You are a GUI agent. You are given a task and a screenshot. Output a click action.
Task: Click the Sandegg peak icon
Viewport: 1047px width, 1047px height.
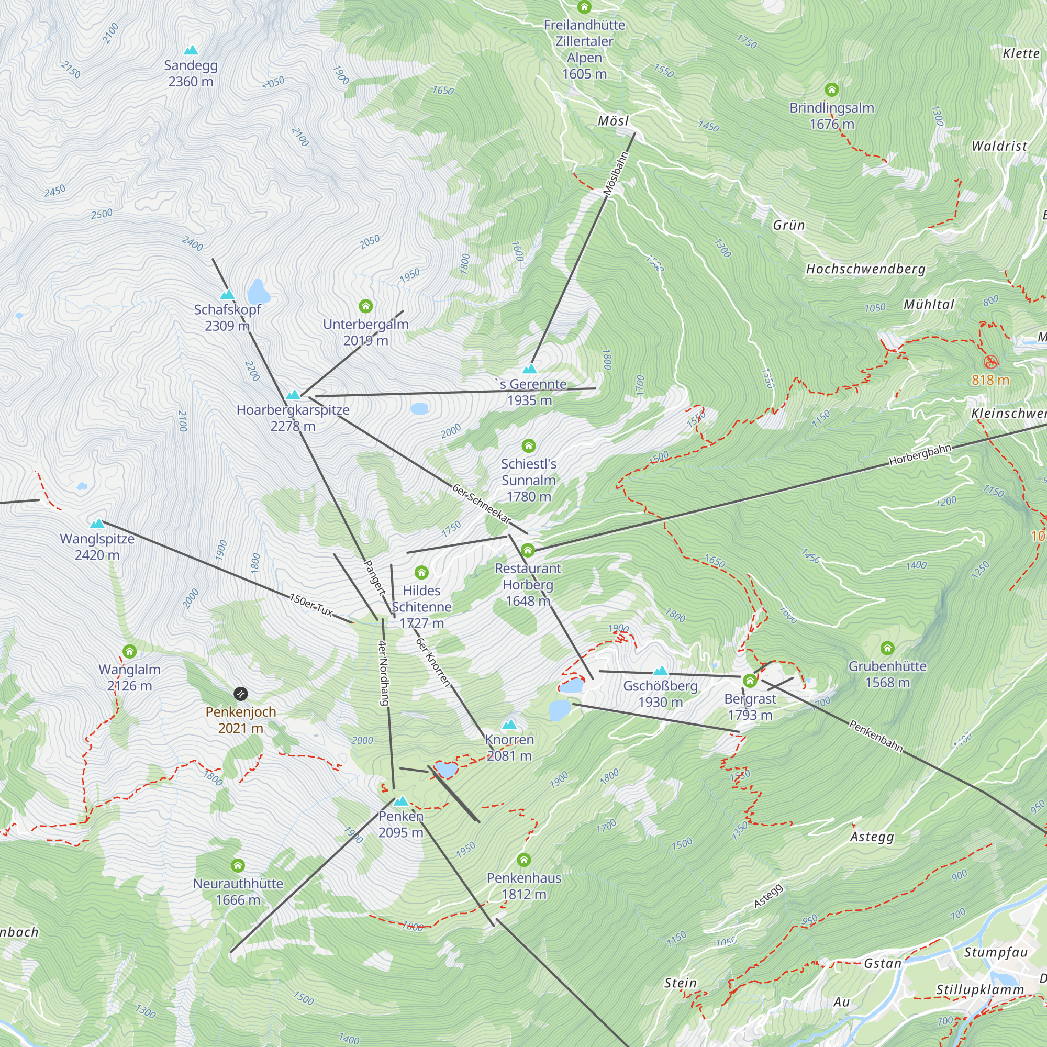point(191,51)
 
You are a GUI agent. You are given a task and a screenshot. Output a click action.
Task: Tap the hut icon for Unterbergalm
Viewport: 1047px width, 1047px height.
point(366,307)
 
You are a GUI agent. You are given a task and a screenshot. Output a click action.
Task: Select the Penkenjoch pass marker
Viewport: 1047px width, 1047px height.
point(241,694)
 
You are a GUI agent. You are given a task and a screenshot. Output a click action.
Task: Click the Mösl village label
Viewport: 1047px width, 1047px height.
point(613,121)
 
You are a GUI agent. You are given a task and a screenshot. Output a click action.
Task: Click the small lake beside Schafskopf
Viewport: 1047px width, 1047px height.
point(259,292)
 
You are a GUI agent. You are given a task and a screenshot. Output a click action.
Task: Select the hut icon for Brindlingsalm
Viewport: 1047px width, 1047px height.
point(831,90)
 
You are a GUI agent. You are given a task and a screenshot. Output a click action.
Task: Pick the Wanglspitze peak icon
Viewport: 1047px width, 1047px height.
point(97,523)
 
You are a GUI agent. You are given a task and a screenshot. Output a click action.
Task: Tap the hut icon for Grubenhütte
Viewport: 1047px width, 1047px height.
point(887,648)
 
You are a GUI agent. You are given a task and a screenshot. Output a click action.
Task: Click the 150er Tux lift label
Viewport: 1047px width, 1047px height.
point(311,605)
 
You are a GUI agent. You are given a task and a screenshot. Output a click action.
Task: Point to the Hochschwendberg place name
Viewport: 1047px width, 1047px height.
point(865,269)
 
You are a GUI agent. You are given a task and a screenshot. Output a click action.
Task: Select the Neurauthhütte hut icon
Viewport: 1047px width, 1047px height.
point(238,865)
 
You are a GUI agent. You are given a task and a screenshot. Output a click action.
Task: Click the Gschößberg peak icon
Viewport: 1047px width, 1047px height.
point(660,671)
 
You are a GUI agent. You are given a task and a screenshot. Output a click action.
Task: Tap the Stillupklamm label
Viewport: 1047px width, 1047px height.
point(980,990)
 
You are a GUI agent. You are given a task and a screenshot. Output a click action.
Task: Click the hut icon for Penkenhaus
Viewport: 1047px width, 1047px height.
point(523,860)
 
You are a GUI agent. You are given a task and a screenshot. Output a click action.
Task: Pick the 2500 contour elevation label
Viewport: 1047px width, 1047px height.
point(102,214)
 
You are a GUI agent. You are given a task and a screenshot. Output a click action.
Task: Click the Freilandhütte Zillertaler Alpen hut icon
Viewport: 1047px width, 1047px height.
point(584,7)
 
